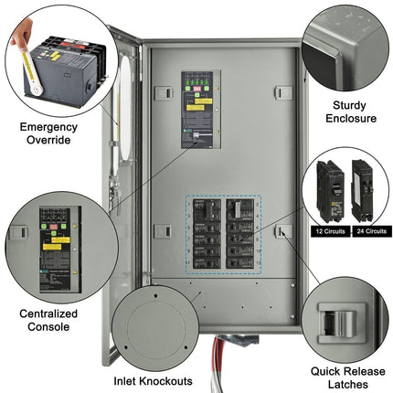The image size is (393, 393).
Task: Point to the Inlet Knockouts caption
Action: pos(152,380)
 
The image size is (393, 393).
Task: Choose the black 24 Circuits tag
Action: pos(364,230)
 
